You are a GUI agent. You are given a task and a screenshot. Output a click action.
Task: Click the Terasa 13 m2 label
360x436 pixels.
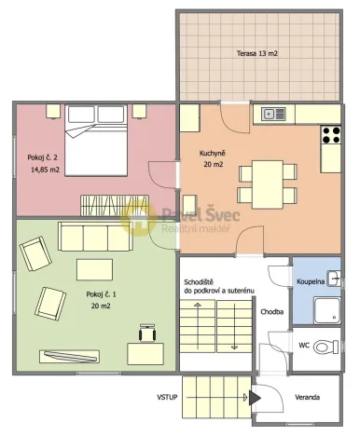(x=256, y=53)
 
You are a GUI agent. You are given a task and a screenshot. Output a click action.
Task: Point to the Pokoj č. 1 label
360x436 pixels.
(x=104, y=299)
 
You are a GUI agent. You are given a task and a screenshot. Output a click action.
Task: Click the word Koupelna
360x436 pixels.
(x=311, y=279)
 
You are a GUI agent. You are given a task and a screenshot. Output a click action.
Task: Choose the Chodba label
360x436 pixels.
(x=272, y=311)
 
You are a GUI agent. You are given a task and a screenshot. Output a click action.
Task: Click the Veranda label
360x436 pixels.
(x=307, y=397)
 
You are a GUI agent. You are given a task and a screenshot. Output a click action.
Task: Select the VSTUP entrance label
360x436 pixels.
(x=168, y=397)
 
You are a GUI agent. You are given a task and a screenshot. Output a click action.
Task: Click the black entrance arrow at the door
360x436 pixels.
(x=255, y=397)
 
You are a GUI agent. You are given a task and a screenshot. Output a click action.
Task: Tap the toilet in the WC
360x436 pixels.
(x=326, y=347)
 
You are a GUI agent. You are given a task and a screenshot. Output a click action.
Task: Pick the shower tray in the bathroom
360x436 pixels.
(x=327, y=309)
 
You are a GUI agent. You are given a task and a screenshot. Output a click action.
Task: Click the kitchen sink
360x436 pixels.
(x=273, y=115)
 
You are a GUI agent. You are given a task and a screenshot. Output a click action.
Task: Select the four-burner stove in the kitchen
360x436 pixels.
(x=331, y=134)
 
